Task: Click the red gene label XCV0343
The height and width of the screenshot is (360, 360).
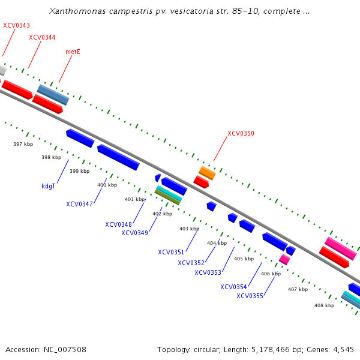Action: pos(16,25)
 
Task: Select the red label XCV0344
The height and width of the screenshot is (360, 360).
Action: pos(42,37)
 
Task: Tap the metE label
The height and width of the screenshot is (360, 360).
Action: pos(73,52)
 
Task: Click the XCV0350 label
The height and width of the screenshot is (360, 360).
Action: pos(241,133)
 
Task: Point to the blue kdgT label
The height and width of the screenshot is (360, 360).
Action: pos(49,186)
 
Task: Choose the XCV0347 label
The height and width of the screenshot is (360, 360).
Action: pos(79,204)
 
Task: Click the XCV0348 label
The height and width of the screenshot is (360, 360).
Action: pos(118,224)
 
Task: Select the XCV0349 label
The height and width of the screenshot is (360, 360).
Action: pos(134,233)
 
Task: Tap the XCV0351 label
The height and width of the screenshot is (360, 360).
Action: pos(171,252)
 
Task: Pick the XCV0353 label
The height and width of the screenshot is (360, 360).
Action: pos(208,272)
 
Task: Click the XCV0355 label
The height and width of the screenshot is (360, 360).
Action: pos(250,295)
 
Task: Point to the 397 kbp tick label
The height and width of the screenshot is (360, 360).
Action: pos(23,144)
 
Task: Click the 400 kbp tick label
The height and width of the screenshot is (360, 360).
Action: pos(107,185)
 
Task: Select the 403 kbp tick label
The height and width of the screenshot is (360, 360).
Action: pos(188,229)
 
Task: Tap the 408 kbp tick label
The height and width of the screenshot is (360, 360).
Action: pos(324,305)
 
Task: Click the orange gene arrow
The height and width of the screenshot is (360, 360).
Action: pos(207,173)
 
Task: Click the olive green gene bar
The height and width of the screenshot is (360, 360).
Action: pos(168,197)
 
